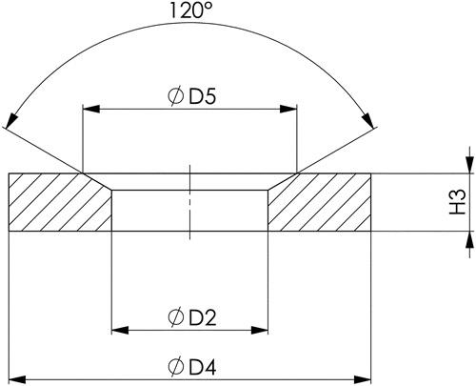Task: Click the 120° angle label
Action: (190, 10)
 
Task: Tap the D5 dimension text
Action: (203, 95)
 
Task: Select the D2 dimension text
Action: (203, 317)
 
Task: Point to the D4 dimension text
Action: (203, 367)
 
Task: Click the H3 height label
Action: (458, 202)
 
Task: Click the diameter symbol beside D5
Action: (175, 96)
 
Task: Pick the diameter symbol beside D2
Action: (176, 317)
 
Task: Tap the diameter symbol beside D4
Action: (176, 367)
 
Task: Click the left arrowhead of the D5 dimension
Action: (91, 110)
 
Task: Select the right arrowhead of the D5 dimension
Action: (288, 110)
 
